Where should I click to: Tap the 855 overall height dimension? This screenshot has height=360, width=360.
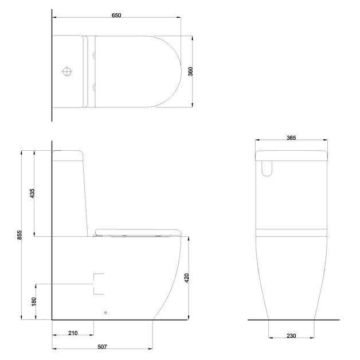pyautogui.click(x=19, y=235)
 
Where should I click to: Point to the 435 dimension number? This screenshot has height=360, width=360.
pyautogui.click(x=33, y=193)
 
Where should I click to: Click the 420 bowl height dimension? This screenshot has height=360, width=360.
pyautogui.click(x=187, y=278)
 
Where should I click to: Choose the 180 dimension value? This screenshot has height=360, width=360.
pyautogui.click(x=33, y=301)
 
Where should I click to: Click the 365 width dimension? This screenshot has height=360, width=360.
pyautogui.click(x=291, y=138)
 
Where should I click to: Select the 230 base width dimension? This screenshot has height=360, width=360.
pyautogui.click(x=292, y=336)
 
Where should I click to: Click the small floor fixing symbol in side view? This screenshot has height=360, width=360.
pyautogui.click(x=105, y=313)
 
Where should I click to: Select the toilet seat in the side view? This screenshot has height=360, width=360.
pyautogui.click(x=138, y=232)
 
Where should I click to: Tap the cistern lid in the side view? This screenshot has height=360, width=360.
pyautogui.click(x=68, y=155)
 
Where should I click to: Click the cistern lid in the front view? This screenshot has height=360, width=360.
pyautogui.click(x=291, y=154)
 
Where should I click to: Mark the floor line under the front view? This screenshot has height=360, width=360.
pyautogui.click(x=293, y=320)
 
